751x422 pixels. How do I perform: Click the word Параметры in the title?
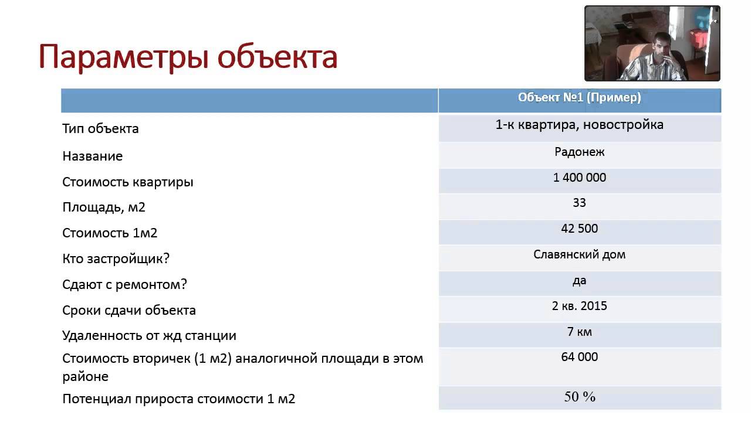coord(124,57)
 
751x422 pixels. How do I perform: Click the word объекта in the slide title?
coord(278,56)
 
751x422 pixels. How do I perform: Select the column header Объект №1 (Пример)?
coord(579,97)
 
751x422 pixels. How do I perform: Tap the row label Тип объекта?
coord(100,128)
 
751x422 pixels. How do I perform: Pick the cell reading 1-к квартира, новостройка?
coord(579,125)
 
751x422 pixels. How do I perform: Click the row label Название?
coord(93,156)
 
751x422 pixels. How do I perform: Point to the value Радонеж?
coord(579,152)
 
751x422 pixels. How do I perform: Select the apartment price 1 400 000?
coord(579,178)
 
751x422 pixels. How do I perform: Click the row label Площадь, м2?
coord(104,207)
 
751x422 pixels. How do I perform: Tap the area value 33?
coord(579,203)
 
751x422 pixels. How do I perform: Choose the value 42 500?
coord(579,229)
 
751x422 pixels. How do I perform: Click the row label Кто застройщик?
coord(116,259)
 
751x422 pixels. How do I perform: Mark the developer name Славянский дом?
coord(579,254)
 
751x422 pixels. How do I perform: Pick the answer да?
coord(579,281)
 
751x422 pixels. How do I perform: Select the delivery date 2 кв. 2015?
coord(579,306)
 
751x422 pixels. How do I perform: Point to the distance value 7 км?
coord(579,332)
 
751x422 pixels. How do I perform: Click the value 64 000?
coord(579,357)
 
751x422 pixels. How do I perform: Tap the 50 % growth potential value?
coord(580,397)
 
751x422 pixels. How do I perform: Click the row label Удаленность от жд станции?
coord(149,336)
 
